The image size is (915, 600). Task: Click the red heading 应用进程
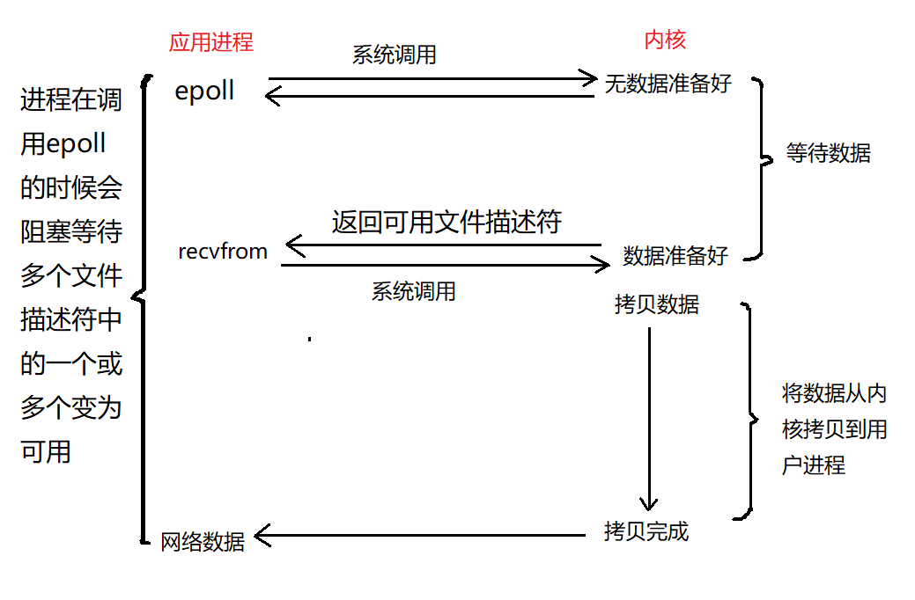click(210, 41)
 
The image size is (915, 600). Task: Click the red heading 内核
click(665, 40)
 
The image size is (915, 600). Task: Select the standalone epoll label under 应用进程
click(204, 91)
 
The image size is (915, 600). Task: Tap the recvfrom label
click(222, 252)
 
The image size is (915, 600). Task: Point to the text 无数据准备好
click(668, 84)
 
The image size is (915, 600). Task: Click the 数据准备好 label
click(675, 256)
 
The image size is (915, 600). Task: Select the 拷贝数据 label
click(657, 304)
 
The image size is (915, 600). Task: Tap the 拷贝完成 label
click(646, 531)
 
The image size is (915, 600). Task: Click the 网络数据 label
click(203, 541)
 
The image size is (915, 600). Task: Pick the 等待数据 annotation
click(828, 153)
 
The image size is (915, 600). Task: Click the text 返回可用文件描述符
click(446, 221)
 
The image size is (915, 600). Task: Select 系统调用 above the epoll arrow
click(394, 55)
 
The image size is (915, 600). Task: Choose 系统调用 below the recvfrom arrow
click(413, 291)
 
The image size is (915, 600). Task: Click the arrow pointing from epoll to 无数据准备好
click(432, 78)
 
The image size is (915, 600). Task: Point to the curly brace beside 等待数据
click(760, 165)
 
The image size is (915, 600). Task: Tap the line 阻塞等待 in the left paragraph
click(70, 232)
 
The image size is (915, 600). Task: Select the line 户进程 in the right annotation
click(813, 465)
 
